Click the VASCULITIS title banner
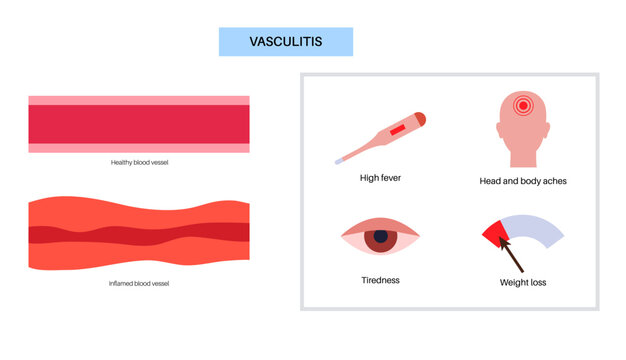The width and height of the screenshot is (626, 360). [x=286, y=42]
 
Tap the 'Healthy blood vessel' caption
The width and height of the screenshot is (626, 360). [x=139, y=162]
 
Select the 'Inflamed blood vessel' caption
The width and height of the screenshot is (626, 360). [x=139, y=283]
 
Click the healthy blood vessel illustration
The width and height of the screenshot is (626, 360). [x=139, y=124]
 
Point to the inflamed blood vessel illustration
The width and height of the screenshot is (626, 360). [x=139, y=233]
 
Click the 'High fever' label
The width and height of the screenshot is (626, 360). [x=380, y=179]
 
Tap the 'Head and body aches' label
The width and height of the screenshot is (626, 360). [x=523, y=182]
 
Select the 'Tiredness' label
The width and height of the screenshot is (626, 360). [x=380, y=280]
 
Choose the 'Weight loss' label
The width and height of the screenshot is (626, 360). [x=523, y=283]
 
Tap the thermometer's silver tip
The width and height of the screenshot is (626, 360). [x=340, y=160]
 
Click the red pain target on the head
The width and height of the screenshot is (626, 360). [x=522, y=105]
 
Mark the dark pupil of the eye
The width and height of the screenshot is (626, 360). [x=380, y=240]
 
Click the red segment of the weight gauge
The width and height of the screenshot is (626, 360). [x=493, y=233]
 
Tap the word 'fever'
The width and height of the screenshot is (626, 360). [x=390, y=179]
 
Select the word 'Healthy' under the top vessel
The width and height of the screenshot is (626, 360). [x=124, y=162]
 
